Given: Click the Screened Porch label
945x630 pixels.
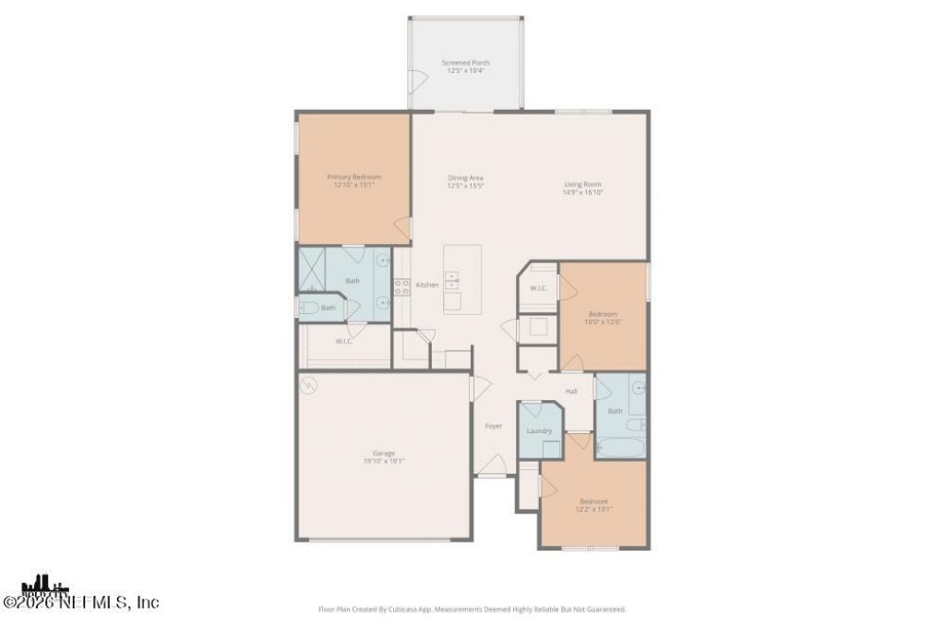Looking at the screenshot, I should [x=465, y=63].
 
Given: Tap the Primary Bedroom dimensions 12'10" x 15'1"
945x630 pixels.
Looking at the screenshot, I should [x=353, y=185].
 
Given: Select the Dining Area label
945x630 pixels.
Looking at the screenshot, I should [x=465, y=177].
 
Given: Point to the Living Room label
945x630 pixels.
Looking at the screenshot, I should [x=583, y=184].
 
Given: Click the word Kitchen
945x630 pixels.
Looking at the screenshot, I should [x=426, y=285].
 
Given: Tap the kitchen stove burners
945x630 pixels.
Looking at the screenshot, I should [x=402, y=286].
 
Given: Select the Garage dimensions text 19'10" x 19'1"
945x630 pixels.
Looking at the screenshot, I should [x=384, y=460].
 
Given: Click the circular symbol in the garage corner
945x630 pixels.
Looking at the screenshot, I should [x=308, y=383].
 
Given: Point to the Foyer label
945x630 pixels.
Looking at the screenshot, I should [x=494, y=426].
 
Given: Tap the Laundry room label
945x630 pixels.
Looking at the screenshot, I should [x=539, y=430].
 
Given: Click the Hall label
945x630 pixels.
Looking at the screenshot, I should [x=571, y=392].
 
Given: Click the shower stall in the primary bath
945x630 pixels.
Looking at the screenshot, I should [x=311, y=269].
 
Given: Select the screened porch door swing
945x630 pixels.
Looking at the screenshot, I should [x=420, y=81].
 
